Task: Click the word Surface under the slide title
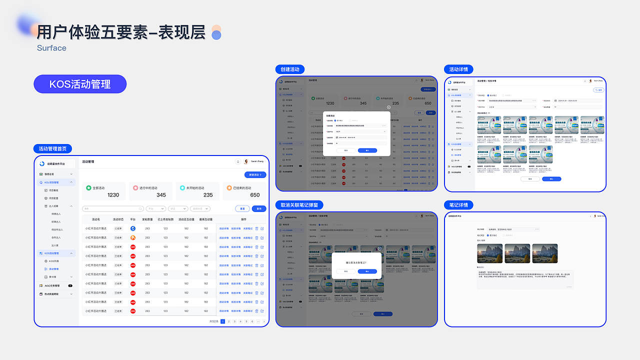pos(51,48)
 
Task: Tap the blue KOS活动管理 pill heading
pos(80,84)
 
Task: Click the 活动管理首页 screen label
pos(55,148)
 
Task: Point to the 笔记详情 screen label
pos(458,205)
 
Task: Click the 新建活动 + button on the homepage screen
pos(255,175)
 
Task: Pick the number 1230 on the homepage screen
pos(113,195)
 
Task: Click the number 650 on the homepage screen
pos(255,195)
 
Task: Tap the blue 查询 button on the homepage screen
pos(258,208)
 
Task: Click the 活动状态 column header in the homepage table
pos(118,219)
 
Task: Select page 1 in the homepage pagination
pos(222,321)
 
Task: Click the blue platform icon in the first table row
pos(133,228)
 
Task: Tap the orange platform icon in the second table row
pos(133,237)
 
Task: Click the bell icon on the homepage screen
pos(238,161)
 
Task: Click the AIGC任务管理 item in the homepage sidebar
pos(52,285)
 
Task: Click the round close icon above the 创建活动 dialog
pos(388,107)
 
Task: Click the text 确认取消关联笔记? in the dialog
pos(356,262)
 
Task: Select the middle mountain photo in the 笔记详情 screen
pos(517,253)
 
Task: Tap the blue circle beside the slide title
pos(216,35)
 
